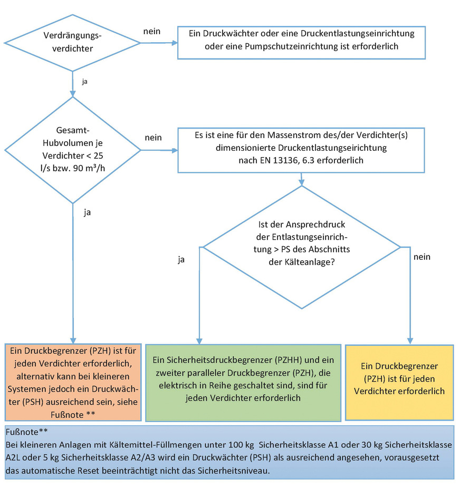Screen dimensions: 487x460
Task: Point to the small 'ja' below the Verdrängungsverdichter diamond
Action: (85, 82)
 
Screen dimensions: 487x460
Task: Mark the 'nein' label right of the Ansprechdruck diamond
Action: (421, 257)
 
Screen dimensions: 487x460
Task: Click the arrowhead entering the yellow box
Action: (409, 340)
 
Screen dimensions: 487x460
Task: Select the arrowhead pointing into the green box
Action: (199, 340)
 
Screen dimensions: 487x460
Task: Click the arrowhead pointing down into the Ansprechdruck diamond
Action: (302, 183)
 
